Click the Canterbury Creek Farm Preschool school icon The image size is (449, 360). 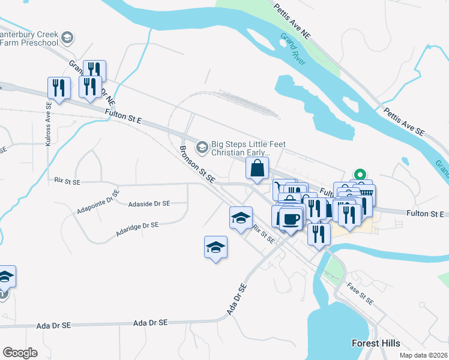[68, 38]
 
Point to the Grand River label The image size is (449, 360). [293, 49]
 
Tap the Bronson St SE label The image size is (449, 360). [197, 163]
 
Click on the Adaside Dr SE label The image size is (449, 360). [149, 203]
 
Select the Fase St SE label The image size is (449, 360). [361, 292]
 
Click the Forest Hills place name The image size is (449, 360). [375, 343]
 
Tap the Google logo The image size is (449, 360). [20, 352]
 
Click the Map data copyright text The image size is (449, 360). [423, 355]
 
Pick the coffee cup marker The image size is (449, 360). [292, 218]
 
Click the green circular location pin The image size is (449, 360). [360, 175]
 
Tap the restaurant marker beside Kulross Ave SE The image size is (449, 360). [59, 88]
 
